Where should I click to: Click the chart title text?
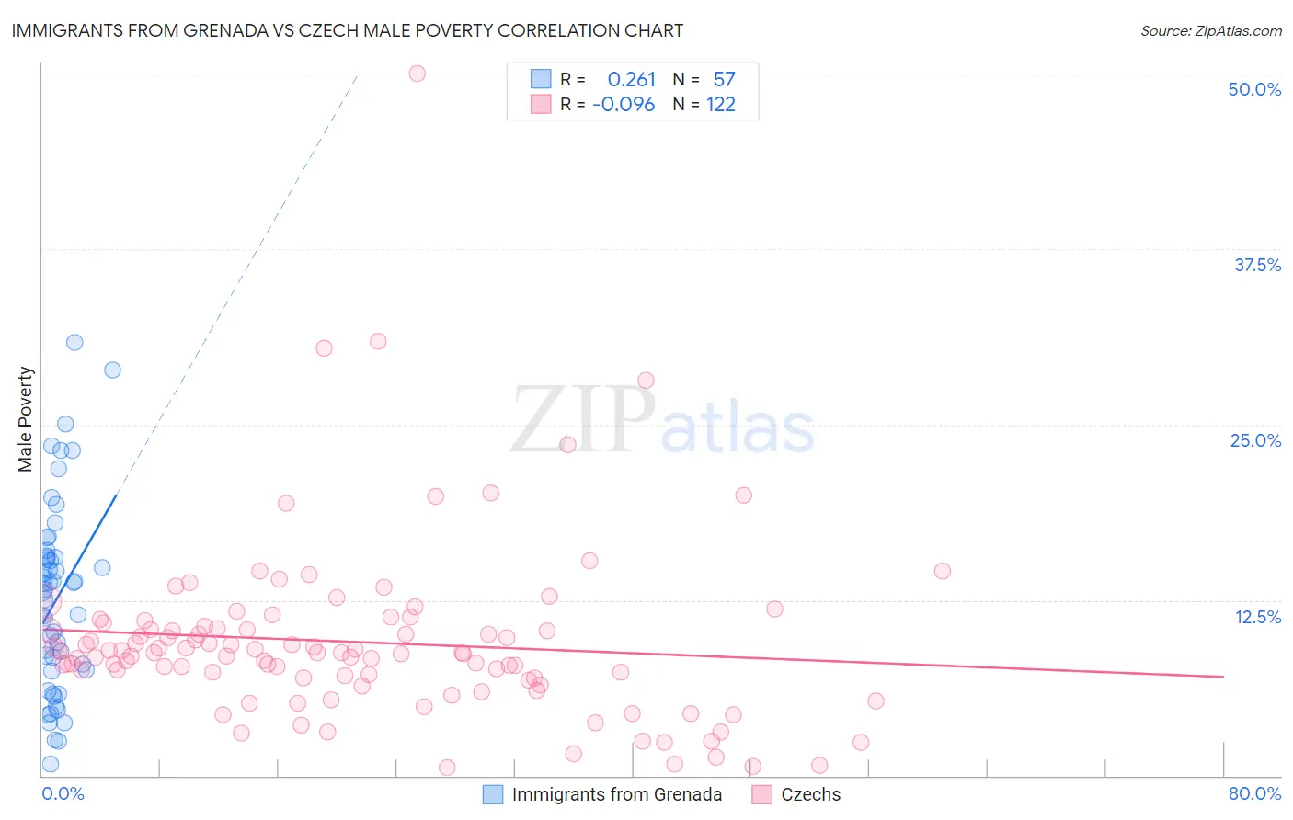pyautogui.click(x=348, y=30)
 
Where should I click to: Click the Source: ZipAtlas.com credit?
pyautogui.click(x=1210, y=31)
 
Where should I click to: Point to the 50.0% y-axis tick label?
pyautogui.click(x=1254, y=89)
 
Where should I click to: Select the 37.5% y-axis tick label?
pyautogui.click(x=1257, y=265)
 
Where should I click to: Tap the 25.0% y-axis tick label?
pyautogui.click(x=1255, y=440)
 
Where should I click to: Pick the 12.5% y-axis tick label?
pyautogui.click(x=1257, y=617)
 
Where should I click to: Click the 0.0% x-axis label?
pyautogui.click(x=63, y=793)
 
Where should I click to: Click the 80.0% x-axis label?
pyautogui.click(x=1254, y=793)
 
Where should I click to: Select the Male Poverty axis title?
pyautogui.click(x=26, y=419)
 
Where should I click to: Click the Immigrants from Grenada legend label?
pyautogui.click(x=616, y=794)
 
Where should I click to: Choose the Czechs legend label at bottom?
pyautogui.click(x=810, y=794)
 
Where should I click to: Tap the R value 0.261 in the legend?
pyautogui.click(x=631, y=80)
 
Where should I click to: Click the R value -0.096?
pyautogui.click(x=624, y=105)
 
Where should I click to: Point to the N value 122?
pyautogui.click(x=720, y=105)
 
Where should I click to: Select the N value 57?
pyautogui.click(x=724, y=80)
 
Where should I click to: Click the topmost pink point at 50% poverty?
pyautogui.click(x=417, y=74)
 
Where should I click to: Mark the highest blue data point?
pyautogui.click(x=74, y=342)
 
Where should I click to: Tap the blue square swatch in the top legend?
pyautogui.click(x=541, y=79)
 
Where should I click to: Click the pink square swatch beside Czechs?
pyautogui.click(x=761, y=794)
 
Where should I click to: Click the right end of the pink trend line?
pyautogui.click(x=1223, y=676)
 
